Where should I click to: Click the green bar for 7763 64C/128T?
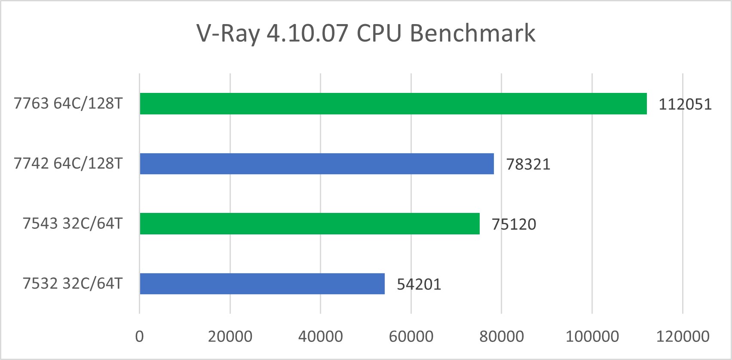click(x=393, y=104)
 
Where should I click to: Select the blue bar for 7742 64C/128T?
click(x=317, y=163)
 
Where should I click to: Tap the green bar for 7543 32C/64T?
click(x=309, y=224)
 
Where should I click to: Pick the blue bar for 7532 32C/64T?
click(x=262, y=284)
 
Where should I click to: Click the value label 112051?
click(x=685, y=105)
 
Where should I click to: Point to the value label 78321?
click(x=528, y=164)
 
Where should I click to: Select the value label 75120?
click(x=514, y=225)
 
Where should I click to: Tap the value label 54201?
click(x=419, y=285)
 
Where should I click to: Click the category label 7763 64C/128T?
click(x=68, y=104)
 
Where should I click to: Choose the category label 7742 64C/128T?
click(x=68, y=163)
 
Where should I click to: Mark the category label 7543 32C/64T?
click(x=73, y=224)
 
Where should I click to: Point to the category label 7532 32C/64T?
click(x=73, y=284)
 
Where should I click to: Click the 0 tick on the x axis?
click(x=139, y=336)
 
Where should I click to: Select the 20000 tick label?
click(x=230, y=336)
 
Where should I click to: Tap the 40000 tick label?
click(x=321, y=336)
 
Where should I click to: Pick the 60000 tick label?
click(x=411, y=336)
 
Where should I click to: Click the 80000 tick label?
click(x=502, y=336)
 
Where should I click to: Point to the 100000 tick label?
click(x=592, y=336)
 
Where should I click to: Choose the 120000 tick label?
click(x=683, y=336)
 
